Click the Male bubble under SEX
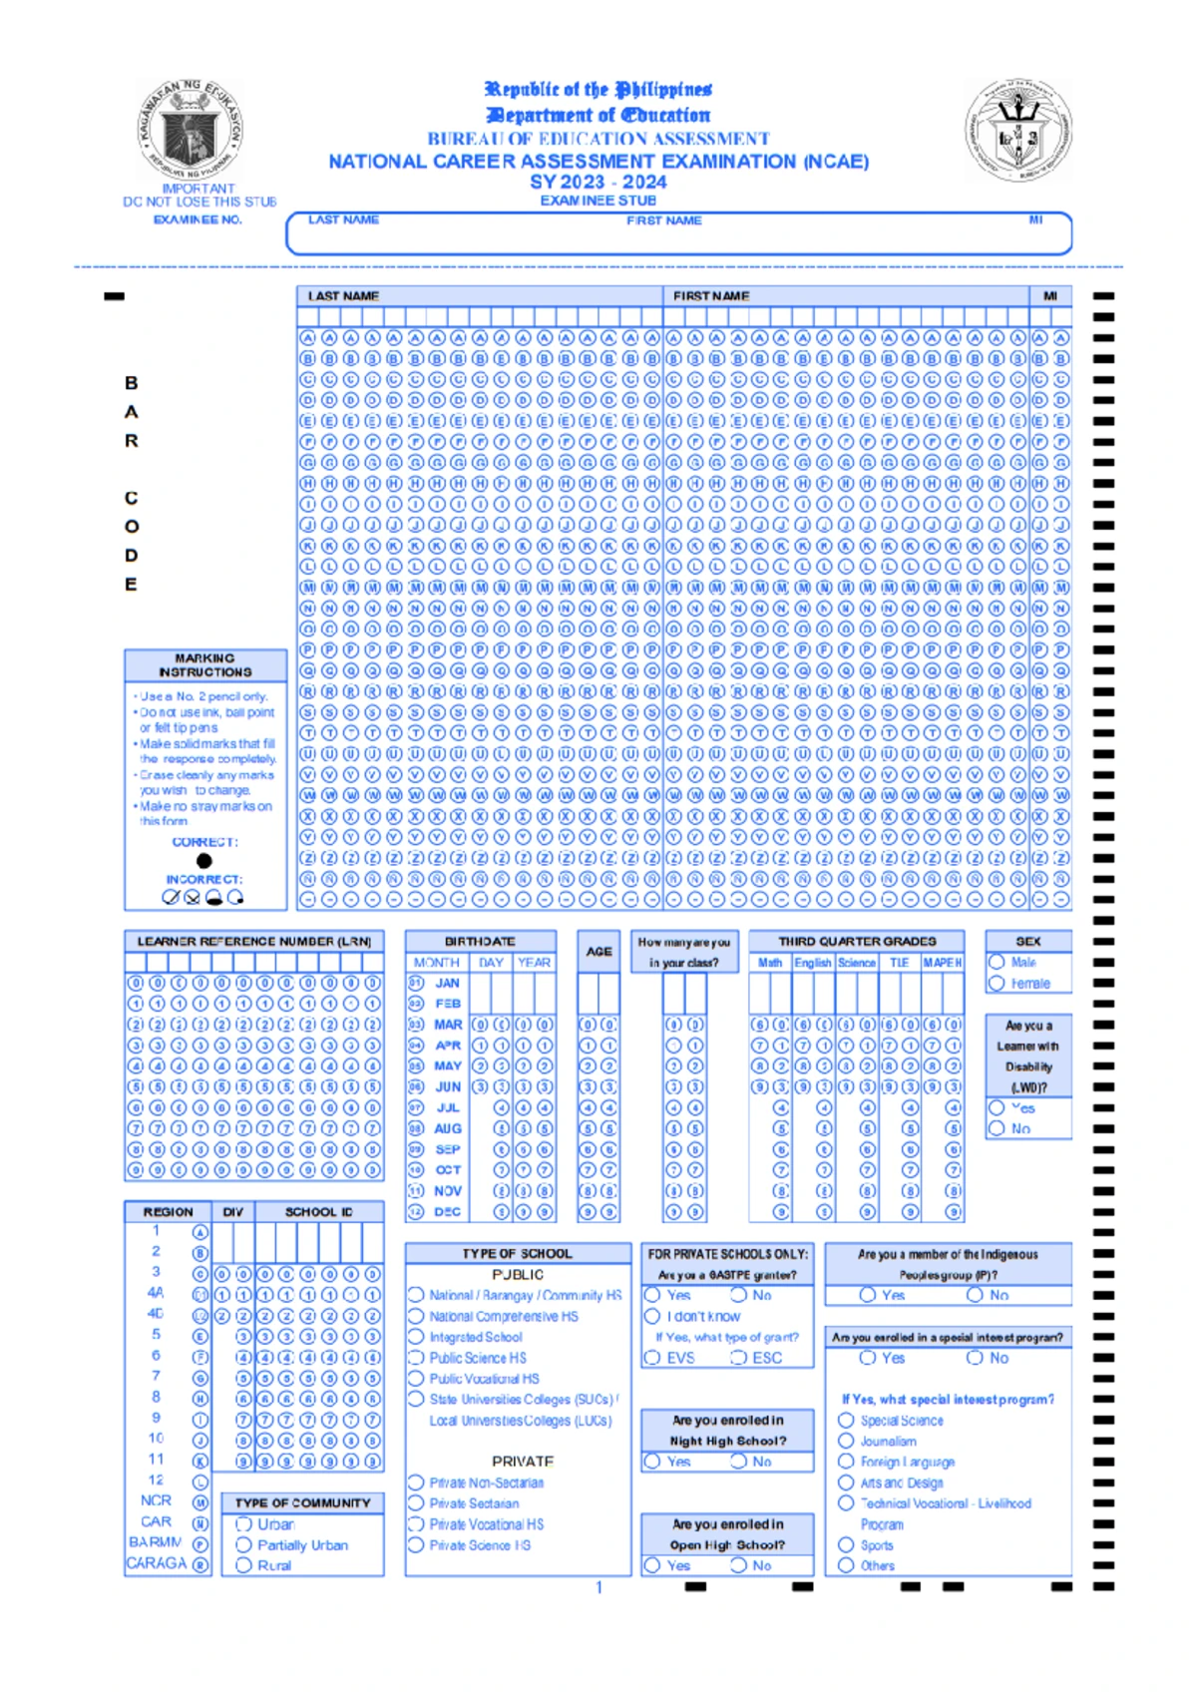[x=997, y=962]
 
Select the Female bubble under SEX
[x=997, y=983]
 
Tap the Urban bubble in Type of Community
[x=243, y=1523]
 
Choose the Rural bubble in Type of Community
[x=243, y=1565]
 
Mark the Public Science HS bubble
[x=417, y=1357]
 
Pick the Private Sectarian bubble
[x=417, y=1502]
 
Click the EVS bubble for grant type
[x=652, y=1357]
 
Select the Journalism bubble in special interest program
[x=846, y=1441]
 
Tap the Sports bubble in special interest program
[x=846, y=1544]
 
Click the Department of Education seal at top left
[x=190, y=130]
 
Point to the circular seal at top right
[x=1018, y=130]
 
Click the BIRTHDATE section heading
[x=480, y=941]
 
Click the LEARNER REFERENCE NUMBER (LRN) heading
[x=253, y=941]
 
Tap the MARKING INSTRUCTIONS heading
[x=204, y=664]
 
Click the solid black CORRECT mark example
[x=204, y=860]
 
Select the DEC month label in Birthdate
[x=447, y=1211]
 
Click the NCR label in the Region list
[x=156, y=1499]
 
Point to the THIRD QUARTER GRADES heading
[x=857, y=941]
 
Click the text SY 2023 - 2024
[x=598, y=182]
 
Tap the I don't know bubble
[x=652, y=1316]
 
